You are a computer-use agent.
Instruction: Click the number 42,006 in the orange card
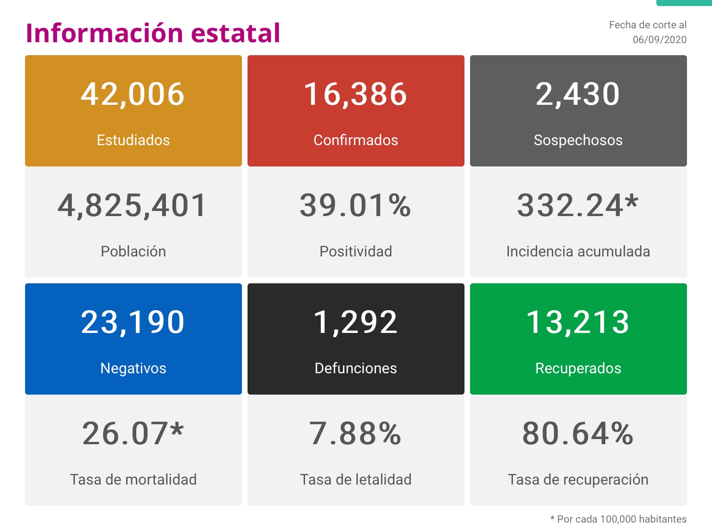tap(133, 94)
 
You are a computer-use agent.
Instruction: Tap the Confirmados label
tap(356, 140)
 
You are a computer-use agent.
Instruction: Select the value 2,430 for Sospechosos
tap(578, 94)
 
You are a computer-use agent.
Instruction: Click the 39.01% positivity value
tap(356, 205)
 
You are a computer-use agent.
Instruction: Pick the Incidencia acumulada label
tap(578, 251)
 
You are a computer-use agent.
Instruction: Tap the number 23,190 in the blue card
tap(133, 322)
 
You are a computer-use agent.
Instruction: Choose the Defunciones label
tap(356, 368)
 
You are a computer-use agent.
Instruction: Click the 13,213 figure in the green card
tap(578, 322)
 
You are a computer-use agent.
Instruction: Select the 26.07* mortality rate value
tap(133, 434)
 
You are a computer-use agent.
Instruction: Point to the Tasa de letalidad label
tap(356, 479)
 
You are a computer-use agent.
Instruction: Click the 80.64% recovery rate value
tap(578, 434)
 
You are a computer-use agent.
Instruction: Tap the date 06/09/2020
tap(660, 40)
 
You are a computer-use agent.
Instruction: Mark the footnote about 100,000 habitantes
tap(618, 519)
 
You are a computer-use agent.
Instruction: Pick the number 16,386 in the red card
tap(356, 94)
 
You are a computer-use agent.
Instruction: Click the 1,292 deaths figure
tap(356, 322)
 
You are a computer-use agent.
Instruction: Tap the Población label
tap(133, 251)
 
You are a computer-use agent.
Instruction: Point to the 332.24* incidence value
tap(578, 205)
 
